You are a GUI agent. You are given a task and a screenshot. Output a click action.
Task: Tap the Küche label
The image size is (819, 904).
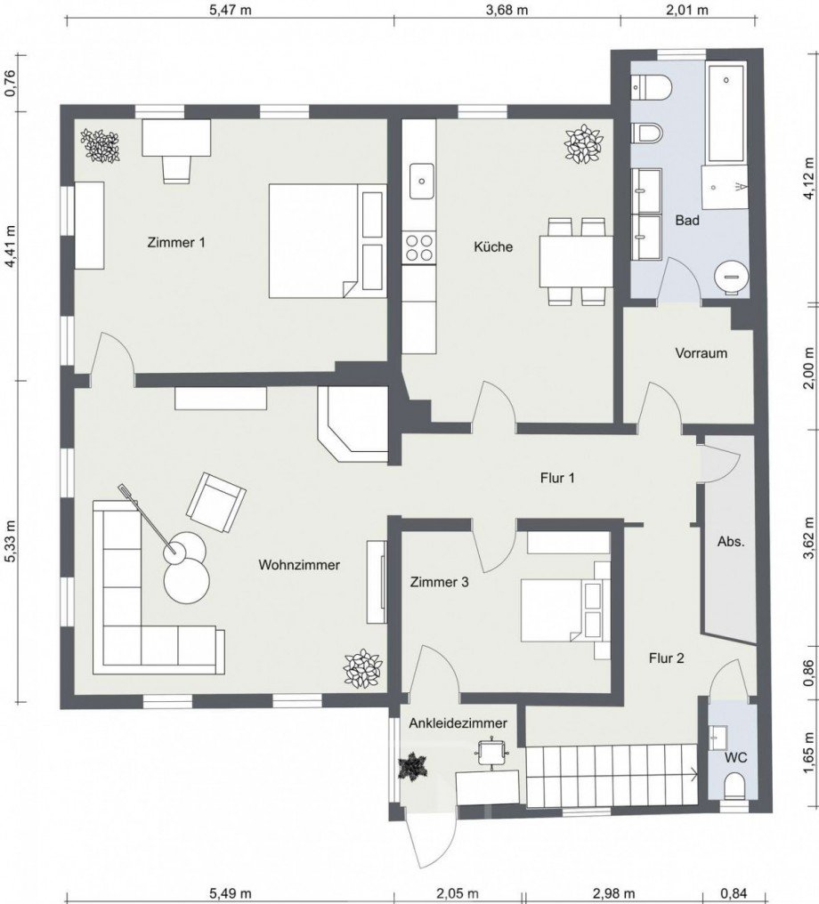click(x=493, y=246)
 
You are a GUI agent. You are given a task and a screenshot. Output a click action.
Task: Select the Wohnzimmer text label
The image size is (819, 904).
click(x=299, y=565)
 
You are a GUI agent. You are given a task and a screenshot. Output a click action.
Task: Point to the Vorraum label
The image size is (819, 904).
click(x=701, y=353)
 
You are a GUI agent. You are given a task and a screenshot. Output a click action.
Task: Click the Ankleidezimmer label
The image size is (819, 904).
click(x=458, y=723)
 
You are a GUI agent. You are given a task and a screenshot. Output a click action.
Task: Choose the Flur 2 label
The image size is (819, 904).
click(x=666, y=658)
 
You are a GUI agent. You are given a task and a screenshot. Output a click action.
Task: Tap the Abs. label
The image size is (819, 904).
click(x=731, y=541)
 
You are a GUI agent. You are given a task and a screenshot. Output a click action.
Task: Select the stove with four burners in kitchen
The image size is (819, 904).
click(x=419, y=246)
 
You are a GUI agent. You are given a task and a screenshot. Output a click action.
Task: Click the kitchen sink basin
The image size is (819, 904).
click(x=419, y=182)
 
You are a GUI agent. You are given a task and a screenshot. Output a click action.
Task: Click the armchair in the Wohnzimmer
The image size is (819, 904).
click(x=215, y=502)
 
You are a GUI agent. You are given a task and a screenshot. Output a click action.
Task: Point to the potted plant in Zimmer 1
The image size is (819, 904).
click(x=100, y=145)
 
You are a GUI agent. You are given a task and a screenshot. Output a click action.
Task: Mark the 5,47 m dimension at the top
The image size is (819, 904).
click(x=228, y=11)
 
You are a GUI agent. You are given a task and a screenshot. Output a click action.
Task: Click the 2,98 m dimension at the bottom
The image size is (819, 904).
click(x=615, y=893)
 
